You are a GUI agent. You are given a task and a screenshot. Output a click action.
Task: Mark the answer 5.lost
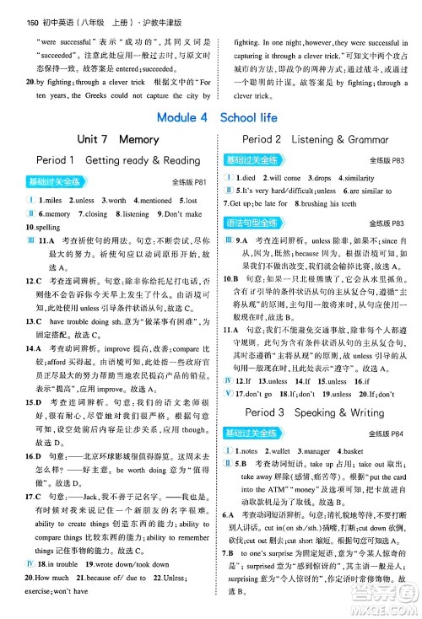(189, 201)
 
